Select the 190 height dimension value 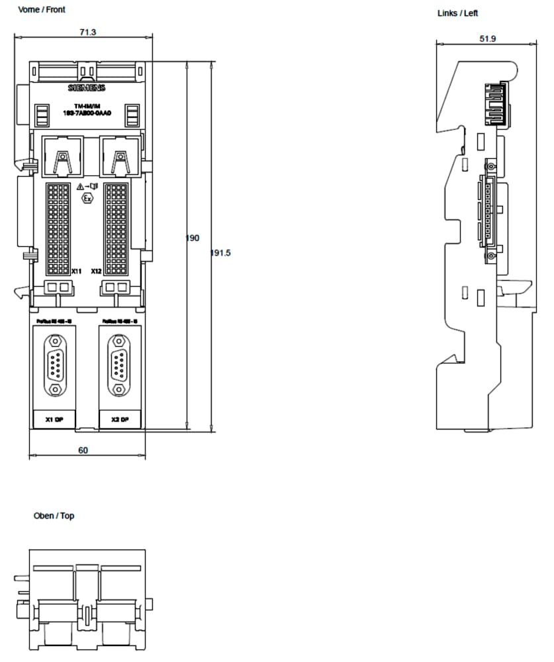[193, 238]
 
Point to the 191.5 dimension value [220, 253]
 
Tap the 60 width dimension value [83, 450]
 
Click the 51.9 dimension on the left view [487, 39]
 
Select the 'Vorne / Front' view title [42, 10]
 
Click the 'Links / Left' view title [457, 13]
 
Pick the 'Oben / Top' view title [54, 516]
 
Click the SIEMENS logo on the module [87, 88]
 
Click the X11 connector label [76, 271]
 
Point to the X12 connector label [97, 271]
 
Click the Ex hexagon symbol [87, 198]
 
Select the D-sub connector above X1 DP [54, 365]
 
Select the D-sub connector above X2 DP [119, 365]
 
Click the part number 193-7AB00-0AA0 [87, 113]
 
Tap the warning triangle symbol [80, 187]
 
